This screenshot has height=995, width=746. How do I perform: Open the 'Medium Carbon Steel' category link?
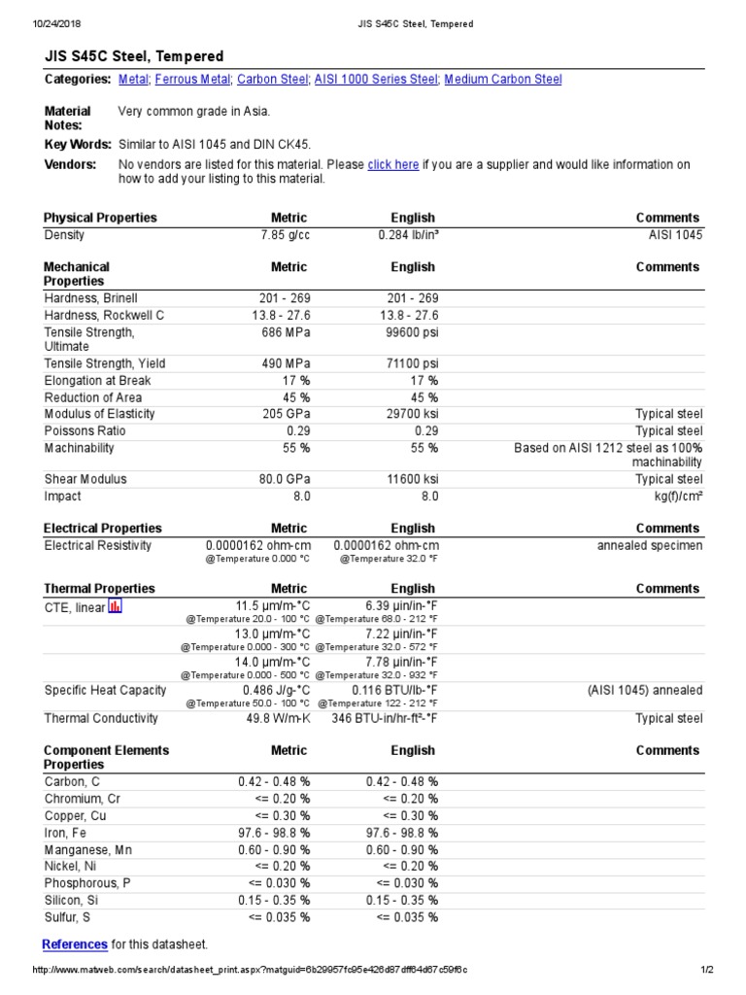tap(502, 80)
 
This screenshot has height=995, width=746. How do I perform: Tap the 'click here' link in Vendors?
tap(393, 165)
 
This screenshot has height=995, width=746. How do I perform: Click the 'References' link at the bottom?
tap(75, 944)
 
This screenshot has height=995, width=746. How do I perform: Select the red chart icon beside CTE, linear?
tap(115, 607)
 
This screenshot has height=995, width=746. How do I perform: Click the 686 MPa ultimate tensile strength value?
tap(284, 332)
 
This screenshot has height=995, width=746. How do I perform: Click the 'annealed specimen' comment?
tap(650, 546)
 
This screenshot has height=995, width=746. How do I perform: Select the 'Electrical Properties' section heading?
tap(103, 529)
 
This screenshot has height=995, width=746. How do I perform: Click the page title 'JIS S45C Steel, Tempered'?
tap(134, 56)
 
